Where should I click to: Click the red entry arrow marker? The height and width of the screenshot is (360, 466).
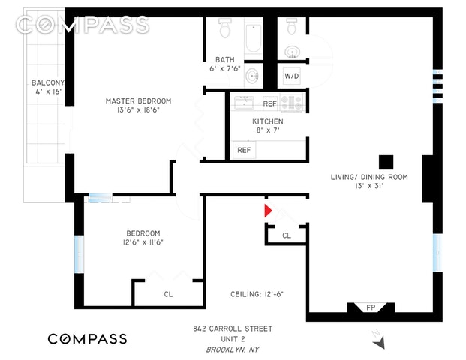coord(267,211)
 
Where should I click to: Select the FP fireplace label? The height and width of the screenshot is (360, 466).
coord(370,307)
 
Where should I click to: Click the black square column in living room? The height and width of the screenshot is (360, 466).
coord(386,161)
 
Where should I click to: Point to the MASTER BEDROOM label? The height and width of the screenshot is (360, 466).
coord(138,100)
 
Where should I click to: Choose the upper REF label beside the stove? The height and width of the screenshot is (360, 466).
coord(269,103)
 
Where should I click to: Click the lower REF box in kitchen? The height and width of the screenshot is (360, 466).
coord(244,150)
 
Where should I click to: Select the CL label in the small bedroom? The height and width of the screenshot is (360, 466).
coord(168,294)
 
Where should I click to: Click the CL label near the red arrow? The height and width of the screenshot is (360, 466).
coord(286,235)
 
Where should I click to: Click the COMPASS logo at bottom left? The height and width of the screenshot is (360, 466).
coord(87,338)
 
